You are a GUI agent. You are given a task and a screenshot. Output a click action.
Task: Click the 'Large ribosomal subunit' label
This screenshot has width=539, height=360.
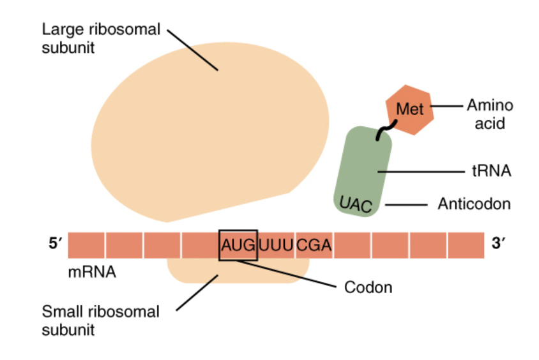100,38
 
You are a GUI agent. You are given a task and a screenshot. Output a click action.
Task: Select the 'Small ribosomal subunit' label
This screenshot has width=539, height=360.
100,320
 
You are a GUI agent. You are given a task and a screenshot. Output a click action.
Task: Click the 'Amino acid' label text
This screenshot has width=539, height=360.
490,114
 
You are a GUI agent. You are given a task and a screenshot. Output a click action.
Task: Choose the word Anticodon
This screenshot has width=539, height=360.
474,204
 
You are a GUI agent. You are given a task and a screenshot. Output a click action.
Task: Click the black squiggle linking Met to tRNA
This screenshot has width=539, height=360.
384,131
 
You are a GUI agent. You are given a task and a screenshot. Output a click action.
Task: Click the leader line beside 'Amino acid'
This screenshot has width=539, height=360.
446,106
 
